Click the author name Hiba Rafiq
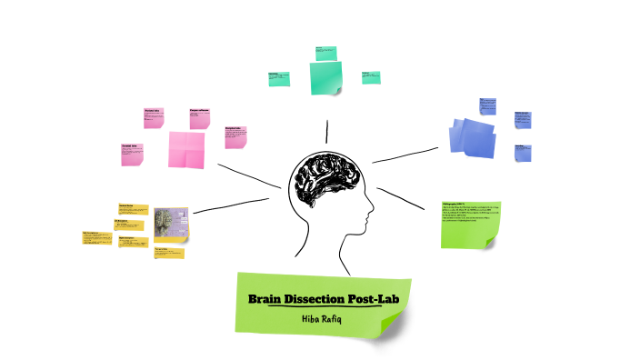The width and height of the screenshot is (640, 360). point(324,318)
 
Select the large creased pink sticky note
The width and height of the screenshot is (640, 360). point(185,149)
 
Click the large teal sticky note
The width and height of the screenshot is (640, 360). point(326,77)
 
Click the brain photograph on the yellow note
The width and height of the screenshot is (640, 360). point(170,225)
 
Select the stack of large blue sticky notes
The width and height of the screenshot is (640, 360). point(475,137)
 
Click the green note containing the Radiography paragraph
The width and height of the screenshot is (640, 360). point(469,224)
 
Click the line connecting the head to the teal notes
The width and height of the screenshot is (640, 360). point(326,131)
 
